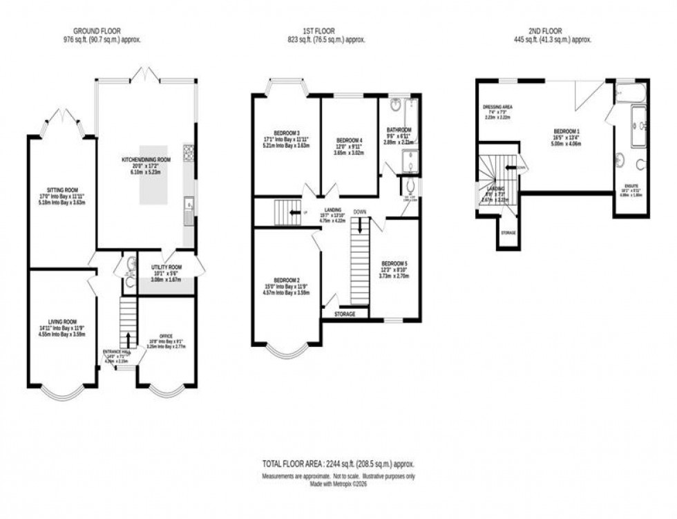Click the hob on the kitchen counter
tap(188, 151)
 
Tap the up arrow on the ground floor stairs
tap(127, 339)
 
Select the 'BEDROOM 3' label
tap(286, 133)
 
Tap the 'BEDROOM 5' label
tap(394, 263)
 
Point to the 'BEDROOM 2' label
tap(286, 281)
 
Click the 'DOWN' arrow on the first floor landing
tap(360, 225)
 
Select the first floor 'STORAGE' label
tap(345, 314)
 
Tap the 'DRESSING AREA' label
tap(497, 107)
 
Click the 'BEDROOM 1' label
tap(567, 130)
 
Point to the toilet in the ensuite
tap(642, 164)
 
